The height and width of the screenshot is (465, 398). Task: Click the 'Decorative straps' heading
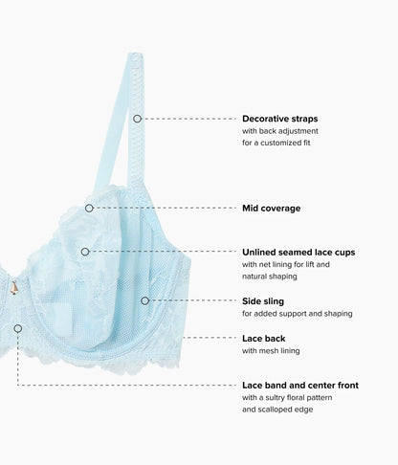point(280,119)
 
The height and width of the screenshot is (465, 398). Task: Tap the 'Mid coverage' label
point(272,209)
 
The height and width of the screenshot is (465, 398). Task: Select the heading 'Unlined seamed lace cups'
point(298,253)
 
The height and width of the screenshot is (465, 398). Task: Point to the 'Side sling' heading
point(263,301)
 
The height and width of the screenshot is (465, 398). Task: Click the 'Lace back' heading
point(264,339)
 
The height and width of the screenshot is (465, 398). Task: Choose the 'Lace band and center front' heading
point(300,386)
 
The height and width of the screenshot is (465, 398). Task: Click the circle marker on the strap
point(137,119)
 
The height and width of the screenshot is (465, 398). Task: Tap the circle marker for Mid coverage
point(89,209)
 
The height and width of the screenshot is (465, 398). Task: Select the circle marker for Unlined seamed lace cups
point(85,252)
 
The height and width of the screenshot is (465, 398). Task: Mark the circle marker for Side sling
point(144,300)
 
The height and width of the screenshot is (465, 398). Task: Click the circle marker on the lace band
point(18,328)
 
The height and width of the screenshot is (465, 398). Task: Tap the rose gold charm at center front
point(14,288)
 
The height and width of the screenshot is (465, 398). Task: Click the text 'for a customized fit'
point(276,143)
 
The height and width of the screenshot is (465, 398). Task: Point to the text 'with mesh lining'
point(271,351)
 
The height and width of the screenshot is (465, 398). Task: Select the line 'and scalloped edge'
point(277,410)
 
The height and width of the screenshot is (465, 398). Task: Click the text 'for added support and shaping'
point(298,314)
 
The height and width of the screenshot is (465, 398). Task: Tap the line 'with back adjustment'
point(280,131)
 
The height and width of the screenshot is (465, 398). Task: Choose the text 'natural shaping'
point(270,277)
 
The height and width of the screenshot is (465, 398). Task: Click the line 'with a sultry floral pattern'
point(287,398)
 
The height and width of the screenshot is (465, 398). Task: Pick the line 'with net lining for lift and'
point(286,264)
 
